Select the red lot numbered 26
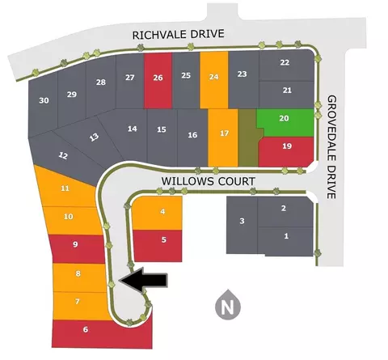click(158, 80)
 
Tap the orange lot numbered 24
click(214, 80)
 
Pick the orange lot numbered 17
click(223, 138)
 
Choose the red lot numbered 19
click(286, 151)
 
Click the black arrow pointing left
click(145, 280)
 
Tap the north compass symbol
click(228, 305)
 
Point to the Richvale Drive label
click(178, 34)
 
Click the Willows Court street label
click(209, 181)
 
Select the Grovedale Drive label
click(331, 147)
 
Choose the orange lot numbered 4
click(157, 213)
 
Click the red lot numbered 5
click(158, 246)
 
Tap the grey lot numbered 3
click(242, 225)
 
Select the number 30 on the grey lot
click(44, 100)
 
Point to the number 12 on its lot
click(63, 155)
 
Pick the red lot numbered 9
click(78, 249)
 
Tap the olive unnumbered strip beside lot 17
click(248, 138)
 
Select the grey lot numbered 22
click(287, 66)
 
